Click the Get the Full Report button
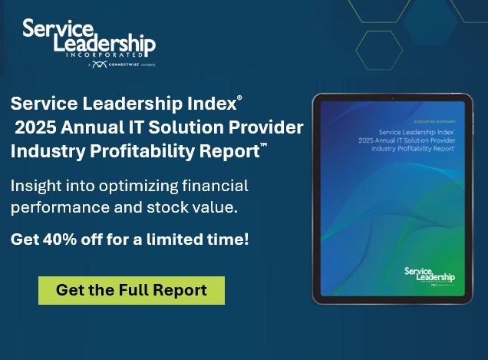(131, 290)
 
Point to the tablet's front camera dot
(391, 97)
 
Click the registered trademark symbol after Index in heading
(239, 98)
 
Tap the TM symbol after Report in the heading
(264, 145)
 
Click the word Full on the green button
(123, 290)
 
